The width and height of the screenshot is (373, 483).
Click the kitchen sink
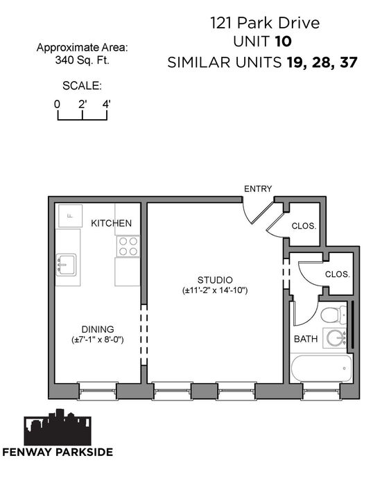point(67,265)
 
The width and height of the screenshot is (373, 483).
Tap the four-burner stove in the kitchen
point(128,246)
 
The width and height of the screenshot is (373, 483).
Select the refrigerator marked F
point(70,216)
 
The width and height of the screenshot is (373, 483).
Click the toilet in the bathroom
point(333,315)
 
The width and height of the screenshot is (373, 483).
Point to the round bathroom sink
point(335,338)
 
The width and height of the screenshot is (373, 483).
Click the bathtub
point(321,369)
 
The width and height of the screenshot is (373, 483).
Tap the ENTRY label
point(258,188)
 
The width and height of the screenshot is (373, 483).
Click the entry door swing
point(257,213)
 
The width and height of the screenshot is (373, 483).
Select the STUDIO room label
point(215,280)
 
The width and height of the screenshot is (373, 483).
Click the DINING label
point(98,329)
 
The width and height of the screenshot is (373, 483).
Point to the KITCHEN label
point(112,223)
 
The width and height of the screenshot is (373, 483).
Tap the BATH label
point(306,339)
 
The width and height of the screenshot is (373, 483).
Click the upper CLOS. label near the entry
point(304,226)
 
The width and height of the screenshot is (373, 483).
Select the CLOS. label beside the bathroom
point(338,274)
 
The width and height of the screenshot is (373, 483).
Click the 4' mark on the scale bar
point(106,105)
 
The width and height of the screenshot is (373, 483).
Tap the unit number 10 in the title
point(283,42)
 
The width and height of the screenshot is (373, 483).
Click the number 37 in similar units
point(349,62)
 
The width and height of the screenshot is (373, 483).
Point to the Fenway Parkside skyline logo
point(58,427)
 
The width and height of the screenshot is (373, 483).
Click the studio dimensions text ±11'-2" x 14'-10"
point(215,290)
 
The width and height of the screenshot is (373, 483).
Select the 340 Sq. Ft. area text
point(83,60)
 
